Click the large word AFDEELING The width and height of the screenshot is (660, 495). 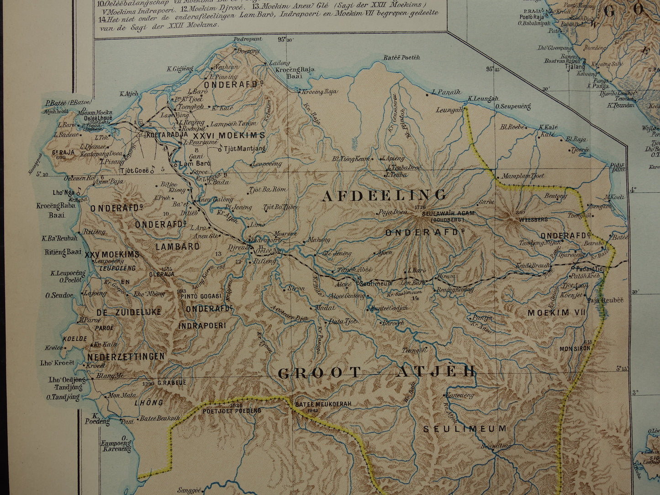coord(384,195)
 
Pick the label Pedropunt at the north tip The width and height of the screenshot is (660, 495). coord(248,39)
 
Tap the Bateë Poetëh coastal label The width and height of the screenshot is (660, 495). coord(401,58)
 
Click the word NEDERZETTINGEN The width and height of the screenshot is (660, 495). coord(126,357)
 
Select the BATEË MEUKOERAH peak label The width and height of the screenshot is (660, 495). coord(317,404)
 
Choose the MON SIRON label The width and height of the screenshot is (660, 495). coord(575,348)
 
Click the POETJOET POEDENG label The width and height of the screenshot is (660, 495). coord(232,411)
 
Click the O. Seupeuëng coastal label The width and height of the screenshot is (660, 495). coord(513,106)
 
